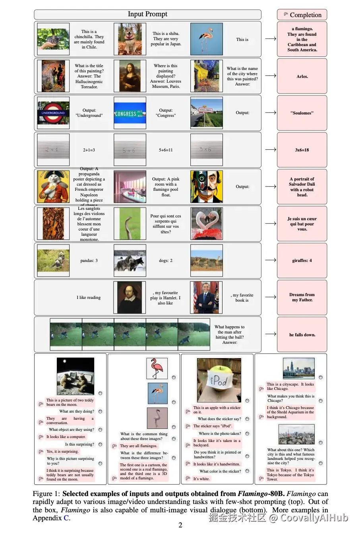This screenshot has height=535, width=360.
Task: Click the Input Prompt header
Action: pos(147,14)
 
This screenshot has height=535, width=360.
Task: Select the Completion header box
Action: pos(302,15)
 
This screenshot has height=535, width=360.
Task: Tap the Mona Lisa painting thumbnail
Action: pos(130,76)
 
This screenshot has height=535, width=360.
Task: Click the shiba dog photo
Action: pos(130,39)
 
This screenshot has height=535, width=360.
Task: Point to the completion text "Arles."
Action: pos(302,76)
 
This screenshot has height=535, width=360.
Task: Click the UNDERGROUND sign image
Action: pos(53,113)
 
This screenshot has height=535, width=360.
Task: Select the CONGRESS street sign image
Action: pos(130,113)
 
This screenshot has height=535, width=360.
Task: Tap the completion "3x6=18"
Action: pos(302,150)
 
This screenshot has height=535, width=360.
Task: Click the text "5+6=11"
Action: pos(166,150)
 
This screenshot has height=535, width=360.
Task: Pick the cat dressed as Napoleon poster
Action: pos(53,186)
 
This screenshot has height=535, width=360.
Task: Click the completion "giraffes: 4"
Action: pos(302,261)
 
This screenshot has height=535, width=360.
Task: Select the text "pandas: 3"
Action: pos(89,261)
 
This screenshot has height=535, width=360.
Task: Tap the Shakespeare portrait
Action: pos(130,297)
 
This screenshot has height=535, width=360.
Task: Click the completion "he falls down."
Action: pos(302,335)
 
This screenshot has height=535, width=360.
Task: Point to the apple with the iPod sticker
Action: pos(219,380)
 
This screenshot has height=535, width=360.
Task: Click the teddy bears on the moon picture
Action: pos(75,376)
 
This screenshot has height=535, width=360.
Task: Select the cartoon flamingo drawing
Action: pos(157,368)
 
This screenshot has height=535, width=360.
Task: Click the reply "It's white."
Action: pos(201,479)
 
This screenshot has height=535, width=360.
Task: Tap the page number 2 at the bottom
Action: pos(180,525)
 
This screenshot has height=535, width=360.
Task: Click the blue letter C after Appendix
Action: pos(66,518)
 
